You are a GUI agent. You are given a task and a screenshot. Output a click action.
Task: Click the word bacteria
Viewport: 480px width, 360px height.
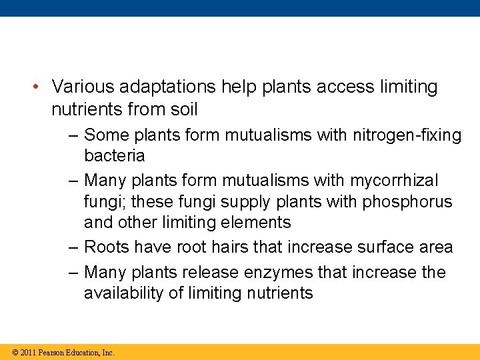(x=114, y=156)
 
